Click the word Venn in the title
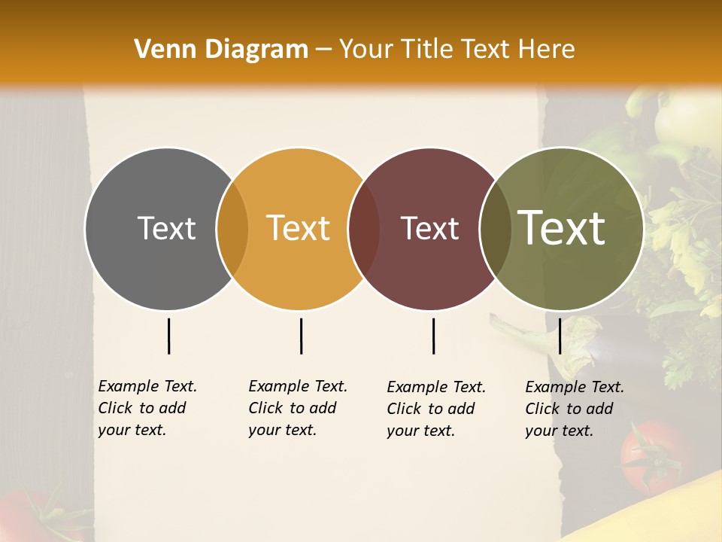(x=159, y=50)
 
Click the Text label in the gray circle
(x=166, y=228)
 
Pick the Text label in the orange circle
(x=299, y=228)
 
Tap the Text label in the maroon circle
(x=430, y=228)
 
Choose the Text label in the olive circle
(x=562, y=228)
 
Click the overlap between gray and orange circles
(x=232, y=228)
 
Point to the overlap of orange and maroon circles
(x=364, y=228)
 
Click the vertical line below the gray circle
(x=168, y=336)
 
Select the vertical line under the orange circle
(x=301, y=336)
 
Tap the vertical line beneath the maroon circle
(x=433, y=336)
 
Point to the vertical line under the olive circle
(x=560, y=336)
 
